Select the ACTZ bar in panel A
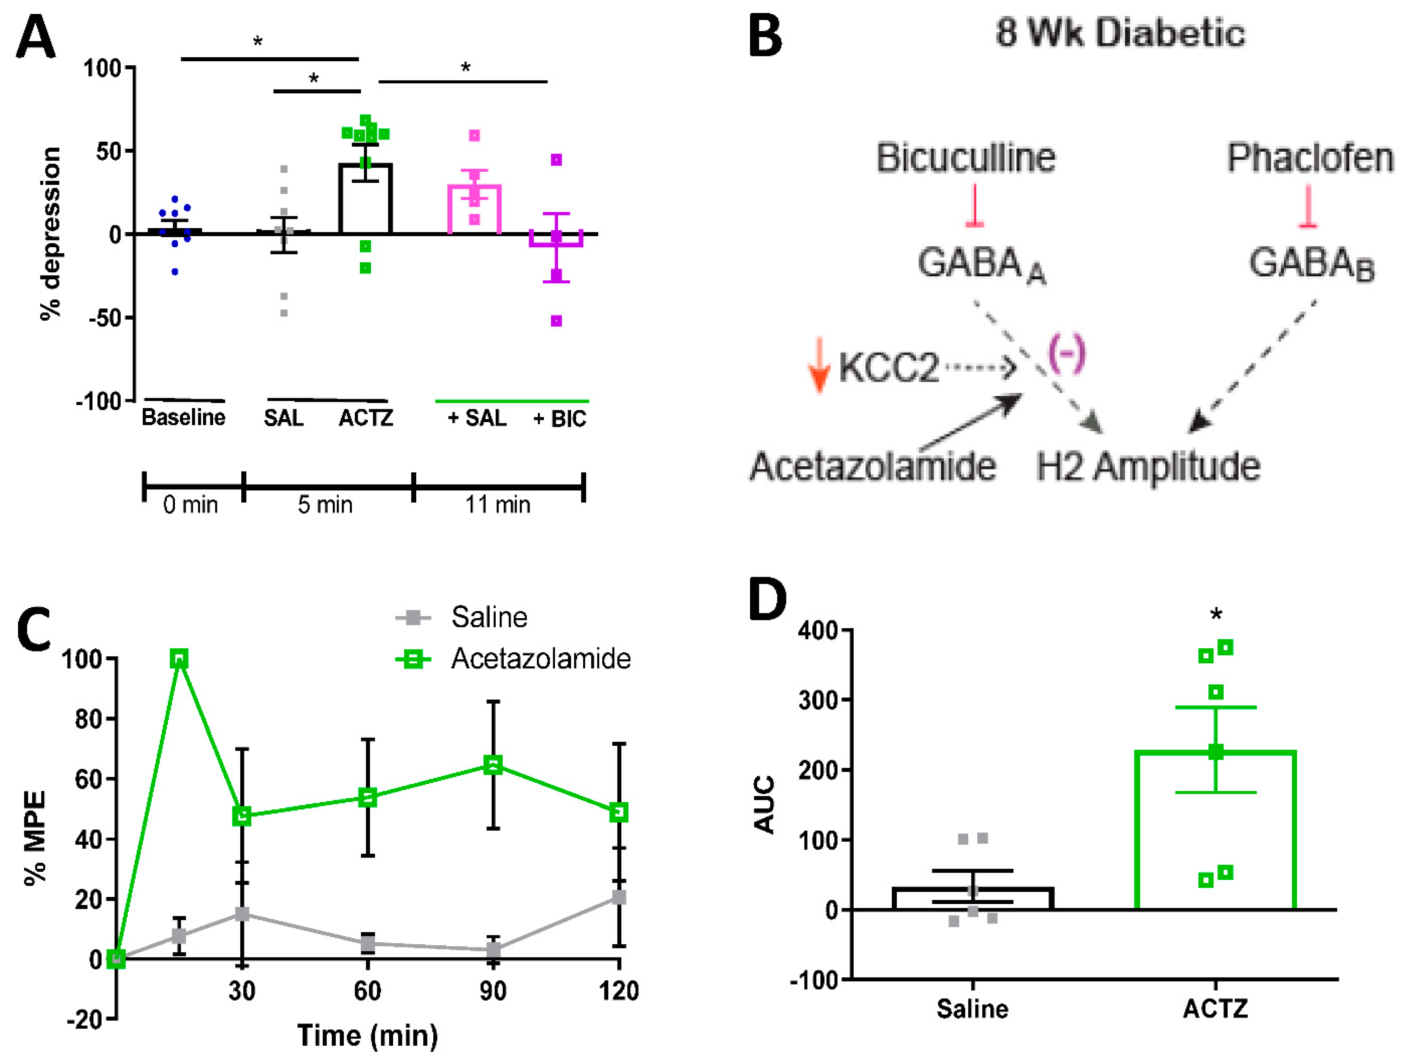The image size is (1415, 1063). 365,199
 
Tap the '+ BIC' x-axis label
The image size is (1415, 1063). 560,419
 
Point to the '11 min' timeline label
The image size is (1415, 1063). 498,505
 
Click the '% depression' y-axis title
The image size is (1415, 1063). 50,234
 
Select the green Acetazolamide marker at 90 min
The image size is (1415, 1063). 493,764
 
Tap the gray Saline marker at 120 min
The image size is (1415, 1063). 619,897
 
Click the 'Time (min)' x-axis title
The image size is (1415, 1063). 368,1035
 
